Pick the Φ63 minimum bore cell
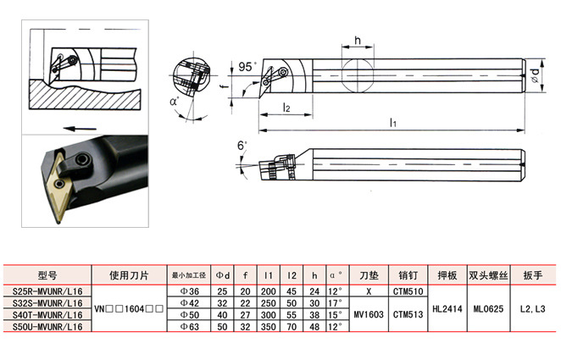coord(190,326)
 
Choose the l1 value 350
coord(269,326)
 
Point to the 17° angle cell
coord(336,302)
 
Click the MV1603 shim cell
coord(368,314)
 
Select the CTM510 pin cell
coord(407,291)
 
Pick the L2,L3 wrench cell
coord(533,308)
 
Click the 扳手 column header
coord(533,275)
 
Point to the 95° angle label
coord(246,66)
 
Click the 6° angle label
coord(242,145)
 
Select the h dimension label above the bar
coord(358,42)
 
